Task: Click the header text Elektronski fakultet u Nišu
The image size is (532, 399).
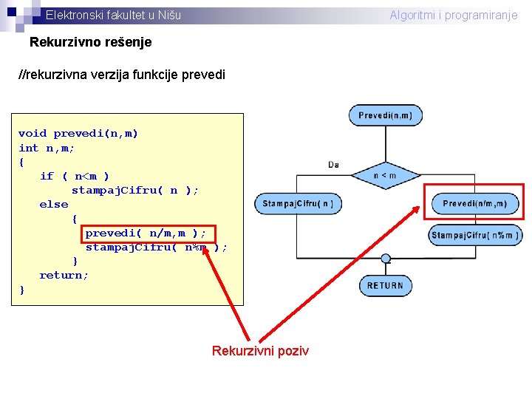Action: pyautogui.click(x=113, y=15)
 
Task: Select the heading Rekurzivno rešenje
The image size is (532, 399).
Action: pyautogui.click(x=90, y=42)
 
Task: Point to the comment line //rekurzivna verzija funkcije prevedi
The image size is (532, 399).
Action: pyautogui.click(x=122, y=75)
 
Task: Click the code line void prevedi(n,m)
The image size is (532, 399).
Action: pyautogui.click(x=78, y=134)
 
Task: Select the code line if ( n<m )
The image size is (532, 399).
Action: pyautogui.click(x=75, y=176)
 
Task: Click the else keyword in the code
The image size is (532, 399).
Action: pyautogui.click(x=53, y=205)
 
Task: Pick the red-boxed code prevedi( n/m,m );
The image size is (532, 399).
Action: pyautogui.click(x=146, y=233)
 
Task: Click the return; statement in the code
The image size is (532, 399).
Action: pyautogui.click(x=64, y=276)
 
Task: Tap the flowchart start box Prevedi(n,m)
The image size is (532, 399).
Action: pyautogui.click(x=385, y=115)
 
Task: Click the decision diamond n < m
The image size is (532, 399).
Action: pyautogui.click(x=385, y=175)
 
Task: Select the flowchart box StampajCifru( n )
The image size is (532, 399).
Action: pyautogui.click(x=298, y=203)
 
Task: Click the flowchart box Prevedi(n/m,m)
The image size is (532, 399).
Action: pyautogui.click(x=475, y=203)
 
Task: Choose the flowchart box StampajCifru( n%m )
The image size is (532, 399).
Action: pyautogui.click(x=475, y=235)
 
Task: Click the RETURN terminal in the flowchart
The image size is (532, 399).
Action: pyautogui.click(x=385, y=285)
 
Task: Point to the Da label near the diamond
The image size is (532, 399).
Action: pyautogui.click(x=334, y=164)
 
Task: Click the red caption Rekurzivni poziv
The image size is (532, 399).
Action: pyautogui.click(x=260, y=350)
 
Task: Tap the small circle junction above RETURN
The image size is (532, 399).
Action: pyautogui.click(x=385, y=259)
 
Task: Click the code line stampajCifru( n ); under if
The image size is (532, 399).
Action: pyautogui.click(x=134, y=191)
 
